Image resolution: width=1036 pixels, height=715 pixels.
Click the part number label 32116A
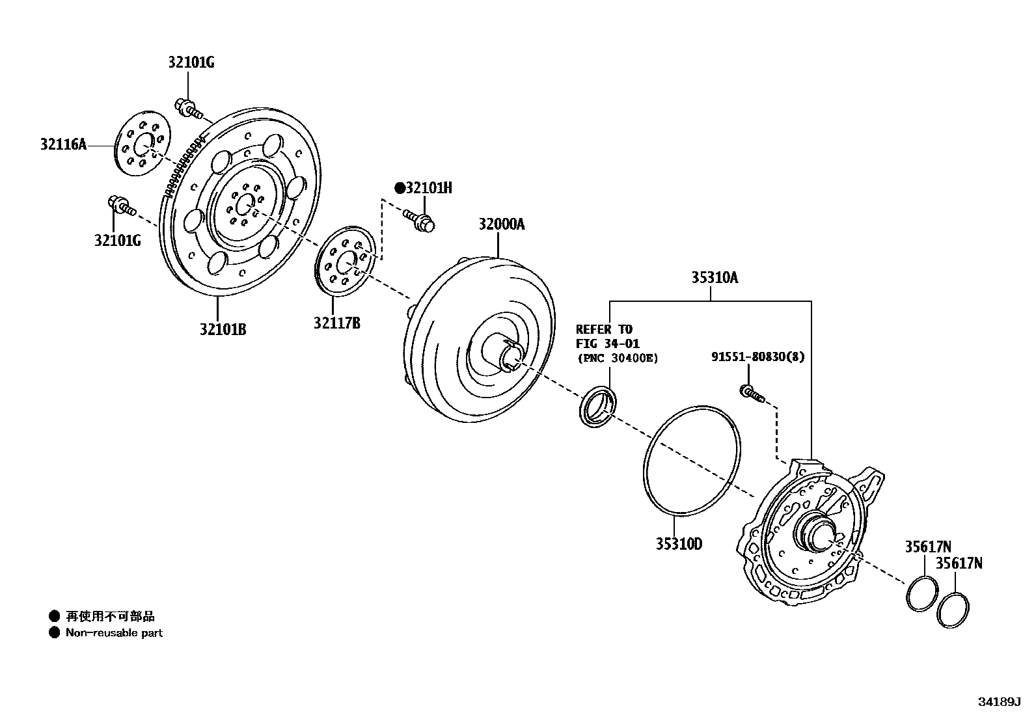(62, 144)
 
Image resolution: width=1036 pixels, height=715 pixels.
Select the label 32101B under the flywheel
(223, 329)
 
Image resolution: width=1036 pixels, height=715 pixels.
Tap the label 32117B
(336, 323)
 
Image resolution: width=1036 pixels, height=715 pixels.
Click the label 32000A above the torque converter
(501, 224)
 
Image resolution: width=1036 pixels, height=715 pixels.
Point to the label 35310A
(715, 278)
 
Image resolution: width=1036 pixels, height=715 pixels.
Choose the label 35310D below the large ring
(679, 544)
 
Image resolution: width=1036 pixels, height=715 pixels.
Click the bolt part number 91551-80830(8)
(757, 357)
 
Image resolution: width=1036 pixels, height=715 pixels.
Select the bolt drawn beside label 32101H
(419, 221)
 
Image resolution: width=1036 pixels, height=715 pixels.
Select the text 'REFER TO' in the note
(604, 329)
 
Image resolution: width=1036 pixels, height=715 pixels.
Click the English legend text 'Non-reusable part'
(114, 632)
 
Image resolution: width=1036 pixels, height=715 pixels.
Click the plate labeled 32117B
(345, 260)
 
